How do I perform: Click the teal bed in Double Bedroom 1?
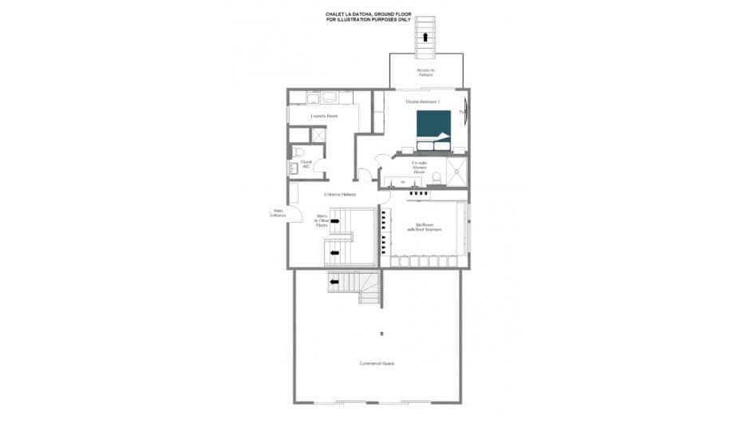pyautogui.click(x=433, y=128)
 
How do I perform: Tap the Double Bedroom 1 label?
pyautogui.click(x=423, y=102)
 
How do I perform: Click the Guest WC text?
pyautogui.click(x=306, y=164)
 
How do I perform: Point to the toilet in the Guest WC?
pyautogui.click(x=298, y=151)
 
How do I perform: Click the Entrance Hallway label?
pyautogui.click(x=339, y=195)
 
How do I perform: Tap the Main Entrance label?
pyautogui.click(x=278, y=213)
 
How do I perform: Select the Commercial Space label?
pyautogui.click(x=377, y=364)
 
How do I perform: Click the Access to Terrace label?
pyautogui.click(x=425, y=73)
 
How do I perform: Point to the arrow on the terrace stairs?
pyautogui.click(x=426, y=37)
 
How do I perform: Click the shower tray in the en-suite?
pyautogui.click(x=457, y=169)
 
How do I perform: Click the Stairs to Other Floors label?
pyautogui.click(x=322, y=220)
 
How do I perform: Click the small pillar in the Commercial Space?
pyautogui.click(x=381, y=334)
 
